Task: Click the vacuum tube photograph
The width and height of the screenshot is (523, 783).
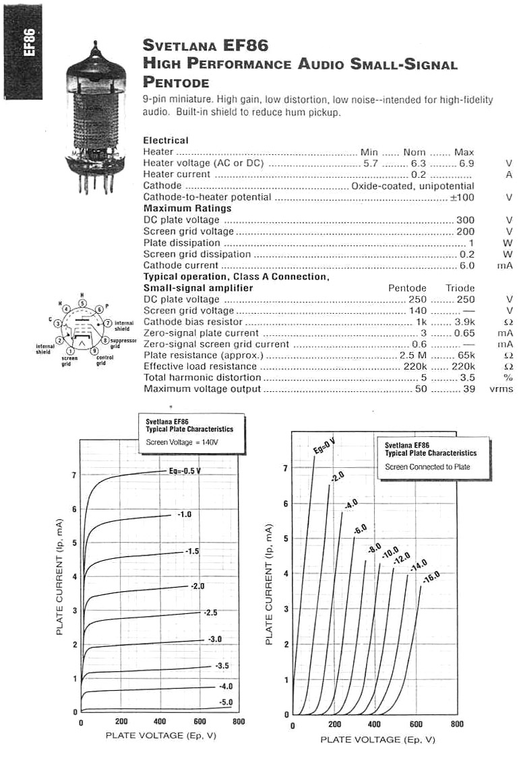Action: (x=97, y=114)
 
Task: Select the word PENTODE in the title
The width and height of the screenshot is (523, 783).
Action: (x=176, y=82)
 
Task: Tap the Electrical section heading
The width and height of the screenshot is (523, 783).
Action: (x=166, y=140)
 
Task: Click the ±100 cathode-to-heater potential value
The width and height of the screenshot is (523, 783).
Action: (x=463, y=197)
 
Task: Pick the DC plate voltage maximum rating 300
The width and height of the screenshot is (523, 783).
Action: (x=465, y=220)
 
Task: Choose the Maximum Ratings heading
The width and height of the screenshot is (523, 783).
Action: (x=187, y=209)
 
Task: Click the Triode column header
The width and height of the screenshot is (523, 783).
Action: (x=460, y=288)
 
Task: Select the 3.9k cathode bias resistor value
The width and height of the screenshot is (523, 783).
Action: (x=463, y=322)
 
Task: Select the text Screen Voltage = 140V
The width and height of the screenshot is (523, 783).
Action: (x=182, y=442)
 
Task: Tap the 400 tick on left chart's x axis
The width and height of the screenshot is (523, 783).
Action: (x=160, y=721)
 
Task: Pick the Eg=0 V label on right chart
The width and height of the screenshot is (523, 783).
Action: (x=324, y=445)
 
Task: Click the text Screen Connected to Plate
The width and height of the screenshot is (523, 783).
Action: (x=427, y=467)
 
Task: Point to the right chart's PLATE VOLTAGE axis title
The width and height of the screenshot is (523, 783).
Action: (x=377, y=740)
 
